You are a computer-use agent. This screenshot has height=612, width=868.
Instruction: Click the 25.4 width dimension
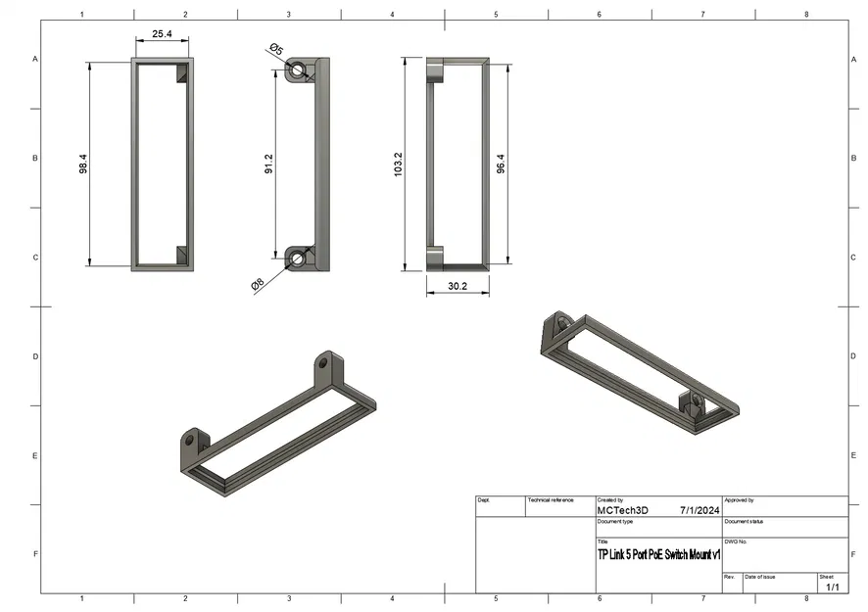tap(162, 33)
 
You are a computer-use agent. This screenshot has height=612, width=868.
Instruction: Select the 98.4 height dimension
tap(84, 164)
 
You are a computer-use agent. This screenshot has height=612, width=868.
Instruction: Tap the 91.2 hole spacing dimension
tap(268, 164)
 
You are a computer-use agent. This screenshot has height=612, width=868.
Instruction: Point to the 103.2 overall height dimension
tap(397, 164)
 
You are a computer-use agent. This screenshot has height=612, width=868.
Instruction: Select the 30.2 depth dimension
tap(457, 286)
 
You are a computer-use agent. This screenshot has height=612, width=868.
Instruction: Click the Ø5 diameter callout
tap(275, 49)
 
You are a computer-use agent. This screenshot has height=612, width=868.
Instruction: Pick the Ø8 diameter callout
tap(257, 284)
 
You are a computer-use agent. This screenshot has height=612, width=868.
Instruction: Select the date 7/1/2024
tap(699, 510)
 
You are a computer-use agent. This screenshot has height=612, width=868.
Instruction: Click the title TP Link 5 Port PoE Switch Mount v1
tap(658, 554)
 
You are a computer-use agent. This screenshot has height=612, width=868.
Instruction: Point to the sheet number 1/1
tap(832, 587)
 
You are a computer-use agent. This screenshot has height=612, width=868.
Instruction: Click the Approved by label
tap(739, 500)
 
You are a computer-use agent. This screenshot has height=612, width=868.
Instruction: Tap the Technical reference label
tap(550, 500)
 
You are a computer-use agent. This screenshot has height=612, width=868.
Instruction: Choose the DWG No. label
tap(736, 541)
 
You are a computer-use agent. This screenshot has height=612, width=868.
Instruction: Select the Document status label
tap(745, 521)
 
